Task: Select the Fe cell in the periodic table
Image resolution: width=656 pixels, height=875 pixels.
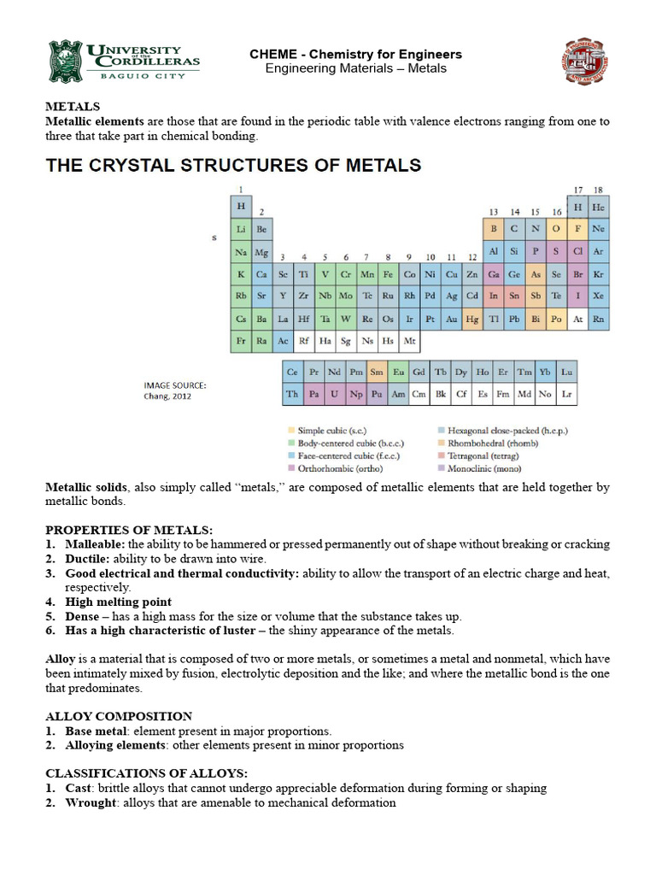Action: (x=388, y=275)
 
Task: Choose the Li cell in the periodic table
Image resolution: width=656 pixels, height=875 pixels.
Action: (x=241, y=230)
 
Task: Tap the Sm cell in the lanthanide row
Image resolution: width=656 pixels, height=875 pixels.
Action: (x=376, y=373)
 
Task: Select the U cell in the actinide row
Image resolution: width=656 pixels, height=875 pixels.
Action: (x=334, y=395)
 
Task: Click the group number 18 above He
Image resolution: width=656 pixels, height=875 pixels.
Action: (x=598, y=190)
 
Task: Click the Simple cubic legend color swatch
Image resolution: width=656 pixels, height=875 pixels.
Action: (x=290, y=430)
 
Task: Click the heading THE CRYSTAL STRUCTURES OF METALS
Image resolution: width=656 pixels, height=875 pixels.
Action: (x=233, y=164)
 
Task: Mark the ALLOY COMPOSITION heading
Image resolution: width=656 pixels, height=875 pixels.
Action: (x=119, y=716)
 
